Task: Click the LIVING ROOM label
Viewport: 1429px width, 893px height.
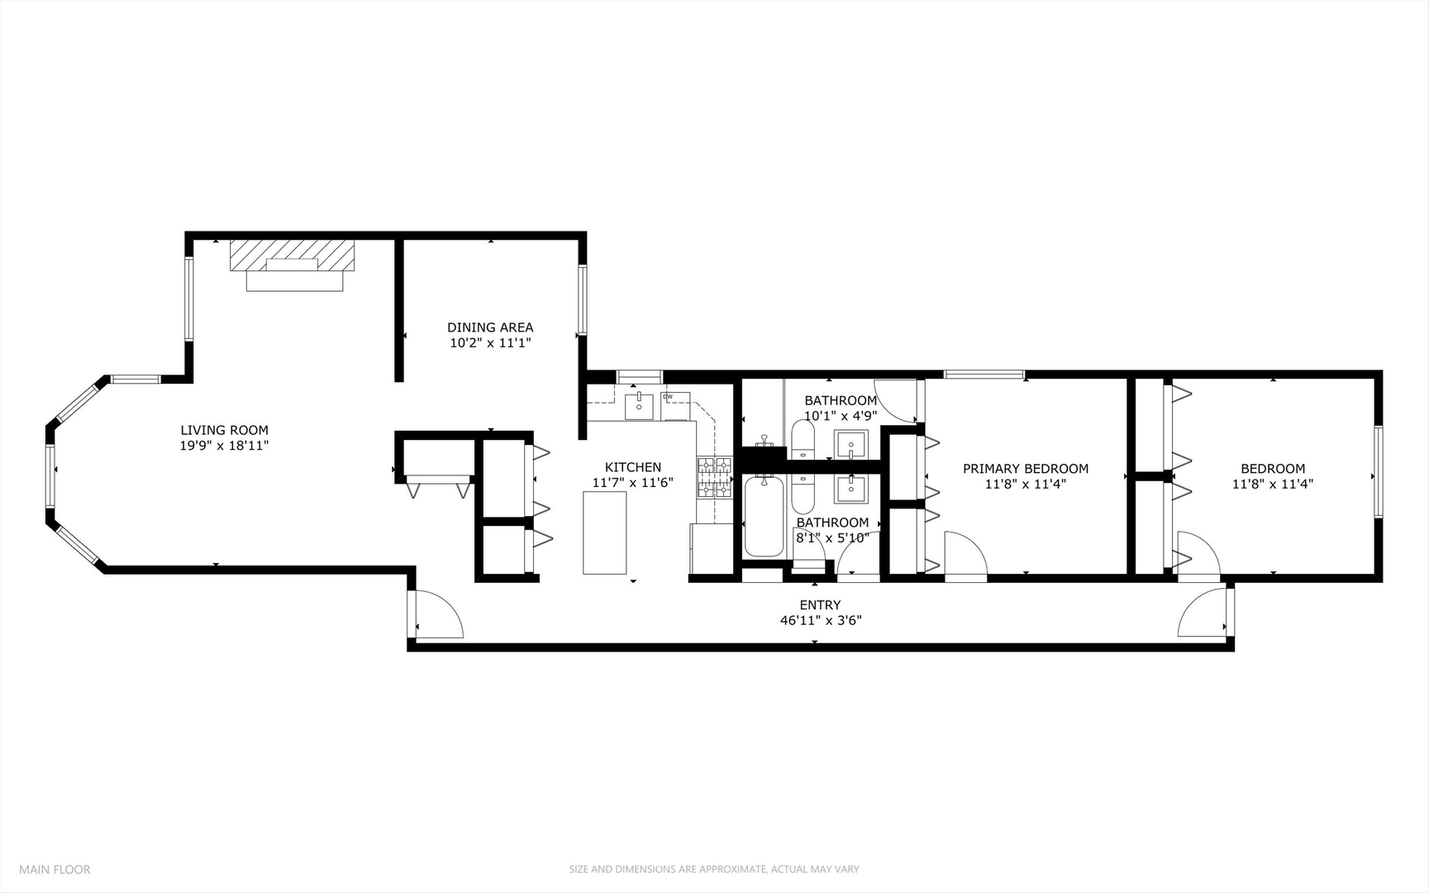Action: [224, 430]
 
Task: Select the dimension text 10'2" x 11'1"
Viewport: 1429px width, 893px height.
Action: [489, 342]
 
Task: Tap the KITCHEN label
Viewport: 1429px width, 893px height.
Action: [632, 467]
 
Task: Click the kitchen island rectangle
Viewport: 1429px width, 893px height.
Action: [604, 532]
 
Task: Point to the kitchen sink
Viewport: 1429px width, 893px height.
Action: [639, 406]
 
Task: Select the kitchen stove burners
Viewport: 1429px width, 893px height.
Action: [715, 478]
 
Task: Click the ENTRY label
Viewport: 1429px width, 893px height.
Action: [820, 605]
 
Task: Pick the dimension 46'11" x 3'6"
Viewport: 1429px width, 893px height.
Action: [820, 620]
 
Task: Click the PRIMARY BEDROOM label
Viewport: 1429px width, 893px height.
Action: [1025, 469]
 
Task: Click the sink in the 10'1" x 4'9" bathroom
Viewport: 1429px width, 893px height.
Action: [850, 445]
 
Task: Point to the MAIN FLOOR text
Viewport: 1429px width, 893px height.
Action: [55, 869]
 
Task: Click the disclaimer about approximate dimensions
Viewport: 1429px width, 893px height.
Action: [714, 869]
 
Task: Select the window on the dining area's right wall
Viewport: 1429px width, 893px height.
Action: [582, 298]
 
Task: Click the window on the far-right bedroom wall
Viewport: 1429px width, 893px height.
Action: [1378, 471]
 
